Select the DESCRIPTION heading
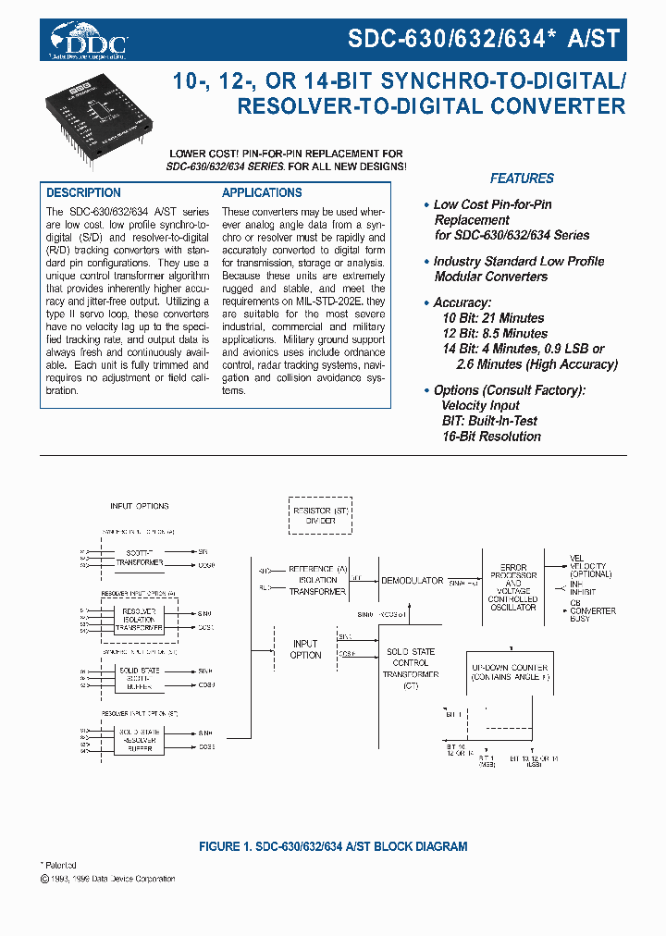click(84, 192)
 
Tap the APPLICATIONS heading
click(262, 192)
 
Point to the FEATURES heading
click(522, 179)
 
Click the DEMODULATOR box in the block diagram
click(412, 580)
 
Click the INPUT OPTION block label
click(305, 649)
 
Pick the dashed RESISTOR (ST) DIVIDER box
click(315, 515)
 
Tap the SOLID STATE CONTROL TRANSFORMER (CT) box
click(411, 668)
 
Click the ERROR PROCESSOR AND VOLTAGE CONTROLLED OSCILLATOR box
click(513, 587)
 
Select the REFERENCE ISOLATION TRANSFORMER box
click(317, 581)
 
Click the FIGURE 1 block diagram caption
click(333, 846)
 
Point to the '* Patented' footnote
click(61, 865)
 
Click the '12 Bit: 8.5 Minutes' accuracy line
click(494, 333)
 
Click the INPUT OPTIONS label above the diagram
click(140, 507)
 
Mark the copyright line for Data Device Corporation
click(109, 879)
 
